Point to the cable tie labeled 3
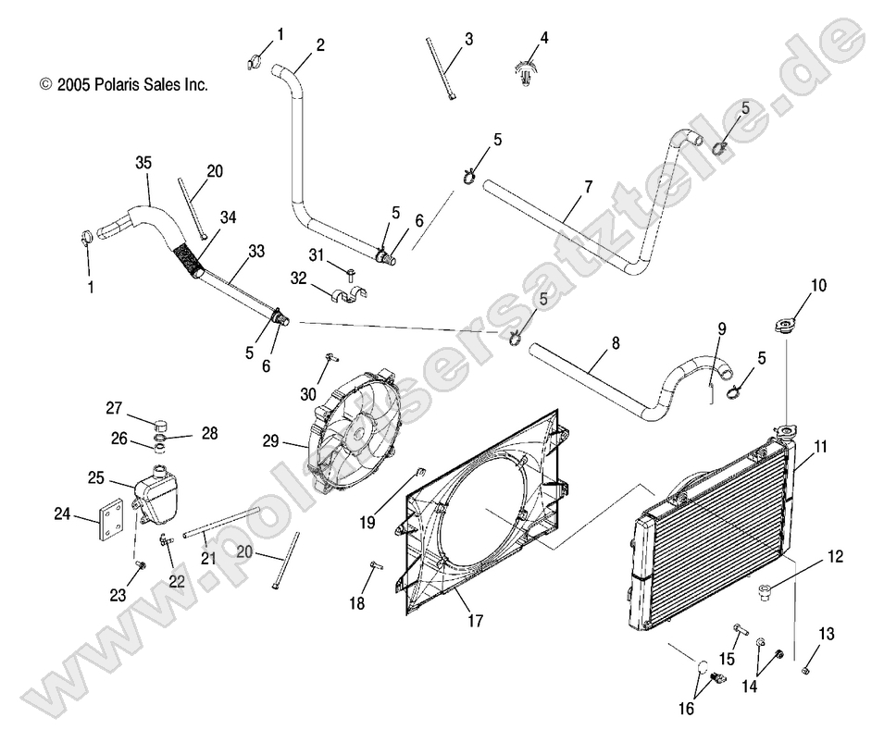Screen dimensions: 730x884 pos(441,68)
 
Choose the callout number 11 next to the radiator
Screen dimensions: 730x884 pos(820,446)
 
